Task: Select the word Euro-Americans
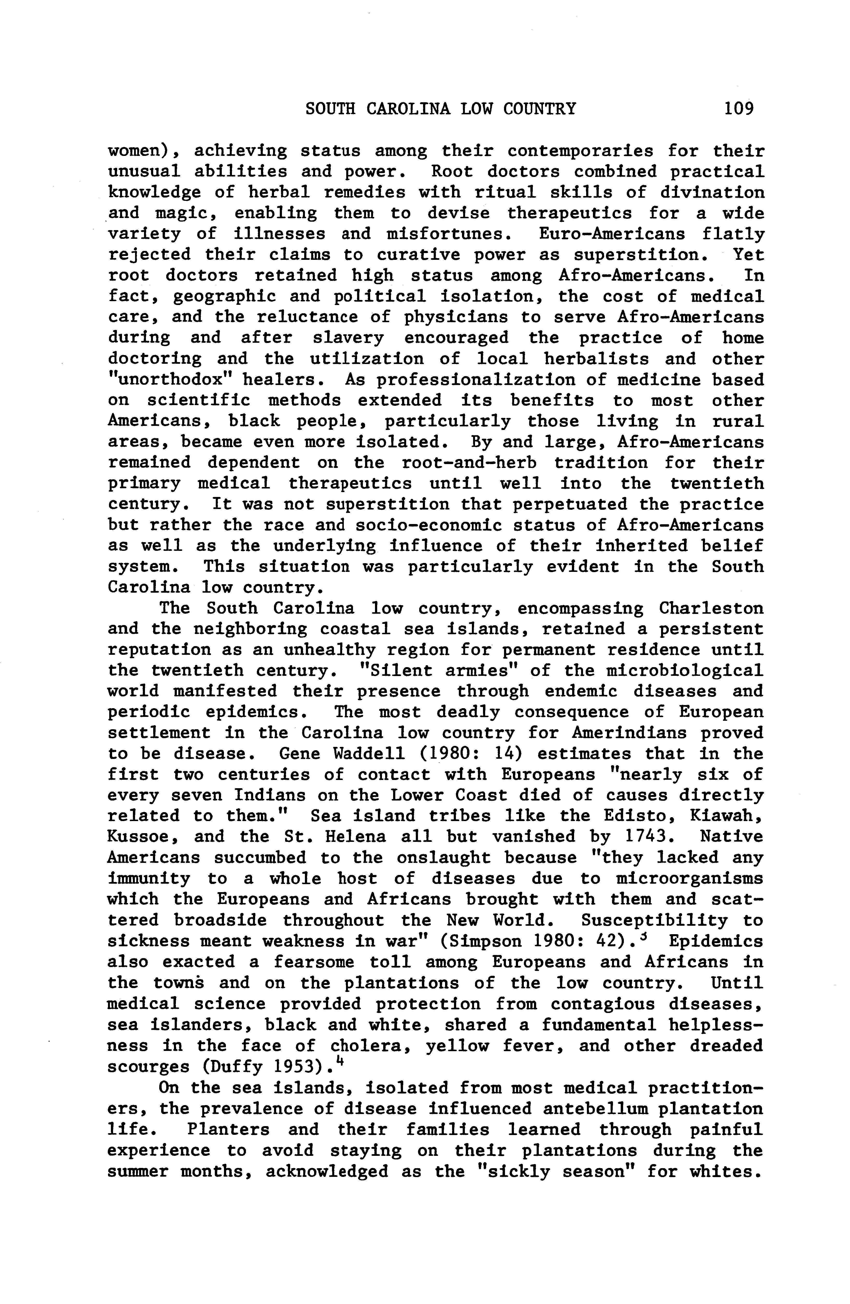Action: click(x=612, y=234)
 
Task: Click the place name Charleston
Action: click(x=711, y=608)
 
